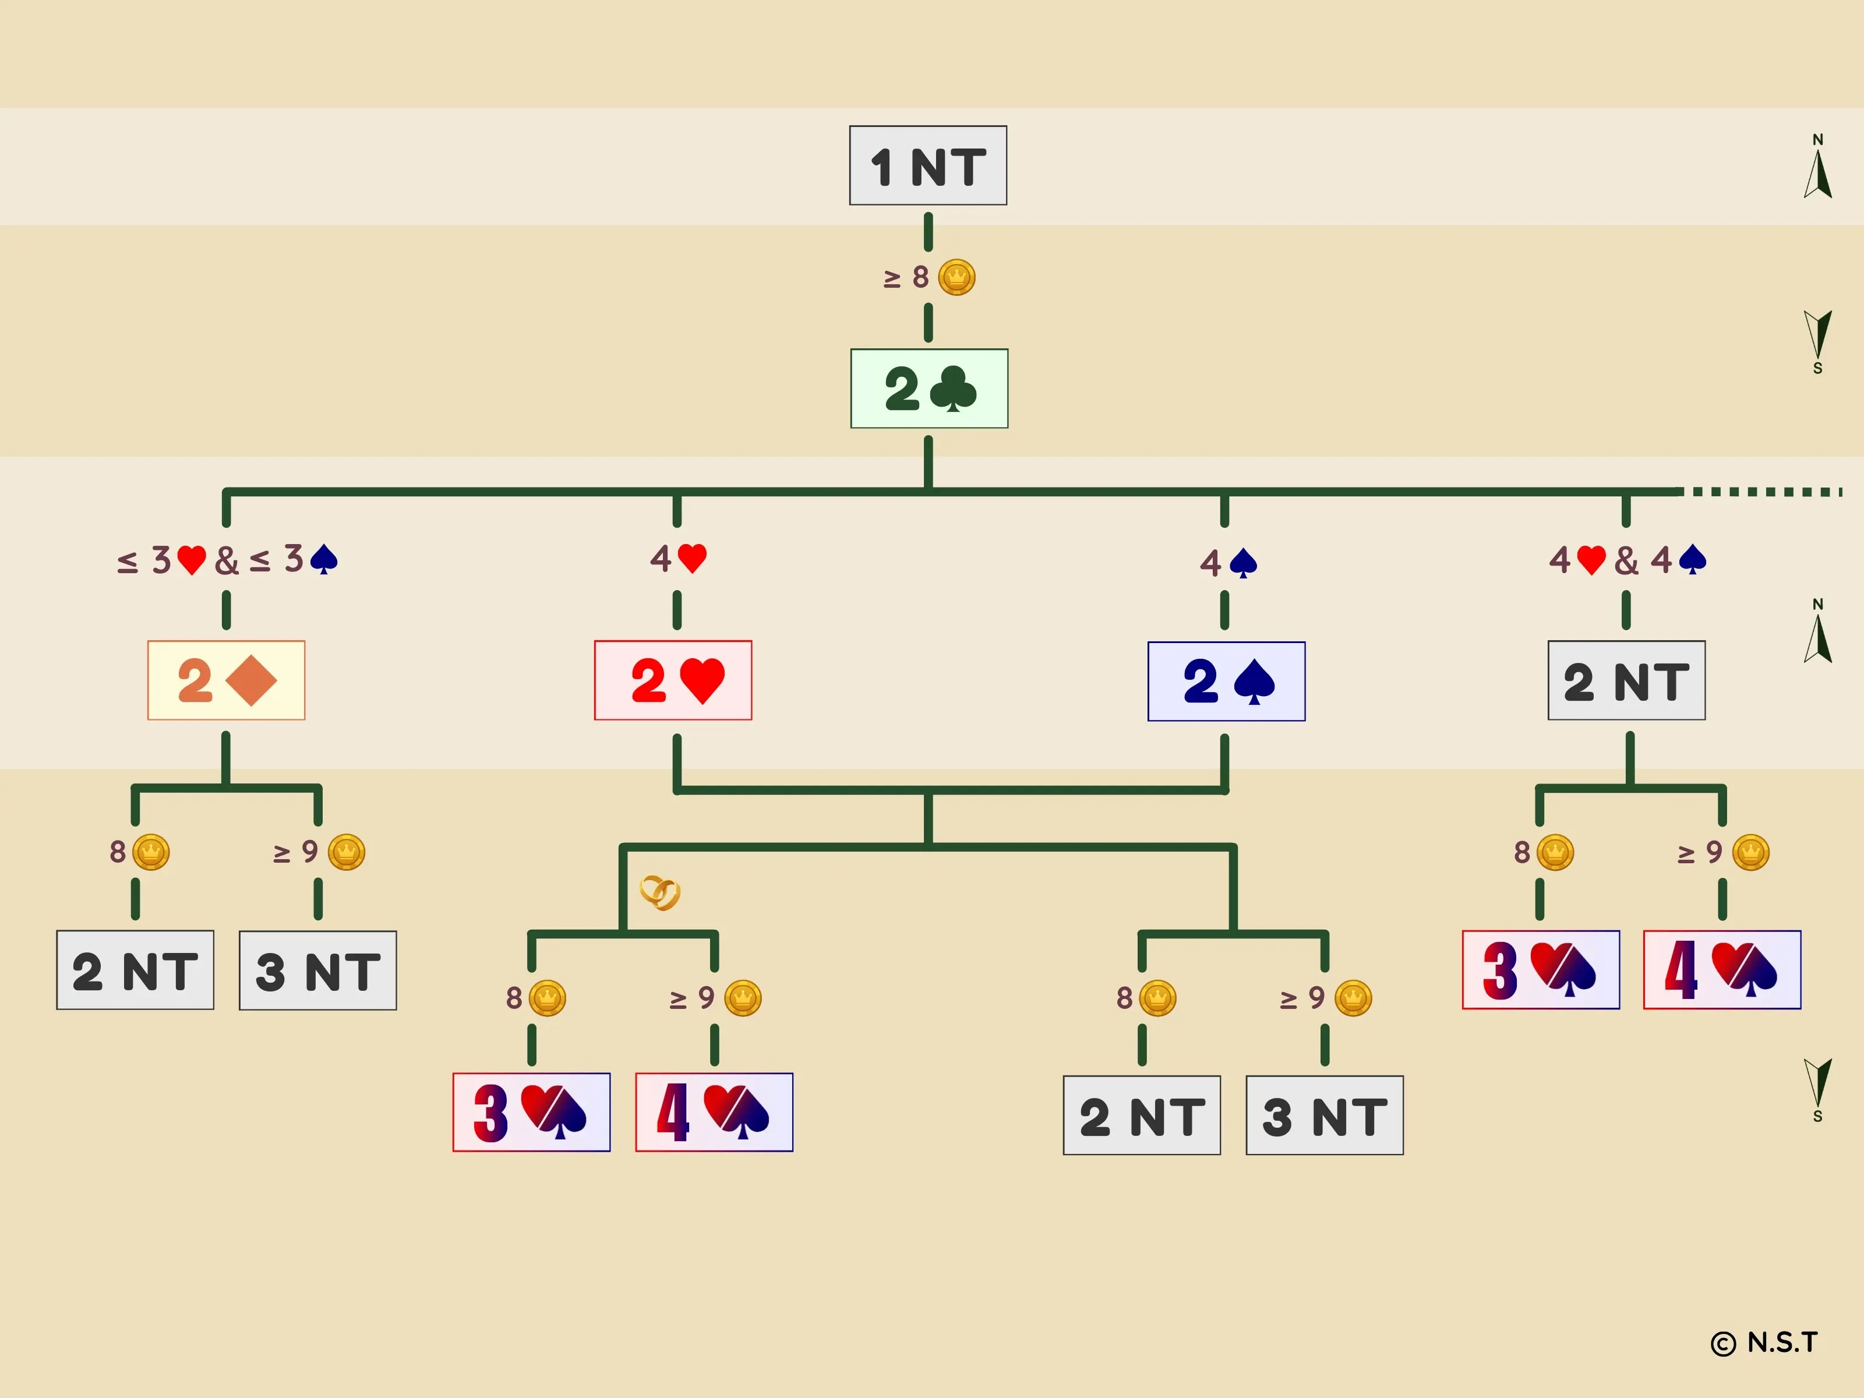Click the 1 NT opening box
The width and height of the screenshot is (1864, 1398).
pyautogui.click(x=928, y=166)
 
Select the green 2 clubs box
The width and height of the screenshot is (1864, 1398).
pyautogui.click(x=929, y=389)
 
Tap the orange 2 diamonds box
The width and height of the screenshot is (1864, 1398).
pyautogui.click(x=226, y=680)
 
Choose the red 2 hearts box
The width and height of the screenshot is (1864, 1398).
pyautogui.click(x=672, y=680)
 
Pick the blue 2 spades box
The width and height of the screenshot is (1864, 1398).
pyautogui.click(x=1226, y=681)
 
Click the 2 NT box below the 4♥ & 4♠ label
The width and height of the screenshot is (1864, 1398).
pyautogui.click(x=1626, y=680)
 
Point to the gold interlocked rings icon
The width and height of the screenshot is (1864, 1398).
pyautogui.click(x=660, y=892)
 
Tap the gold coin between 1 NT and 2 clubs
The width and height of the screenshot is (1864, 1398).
pyautogui.click(x=956, y=277)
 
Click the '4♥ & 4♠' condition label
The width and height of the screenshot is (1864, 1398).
pyautogui.click(x=1626, y=560)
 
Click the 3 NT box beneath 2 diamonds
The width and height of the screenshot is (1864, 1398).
pyautogui.click(x=317, y=970)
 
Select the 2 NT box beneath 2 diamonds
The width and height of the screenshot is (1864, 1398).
pyautogui.click(x=135, y=970)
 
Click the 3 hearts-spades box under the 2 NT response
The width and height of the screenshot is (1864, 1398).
pyautogui.click(x=1540, y=969)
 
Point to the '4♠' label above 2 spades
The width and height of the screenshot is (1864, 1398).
pyautogui.click(x=1228, y=562)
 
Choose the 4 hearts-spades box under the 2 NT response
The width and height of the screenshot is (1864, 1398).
pyautogui.click(x=1722, y=969)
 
